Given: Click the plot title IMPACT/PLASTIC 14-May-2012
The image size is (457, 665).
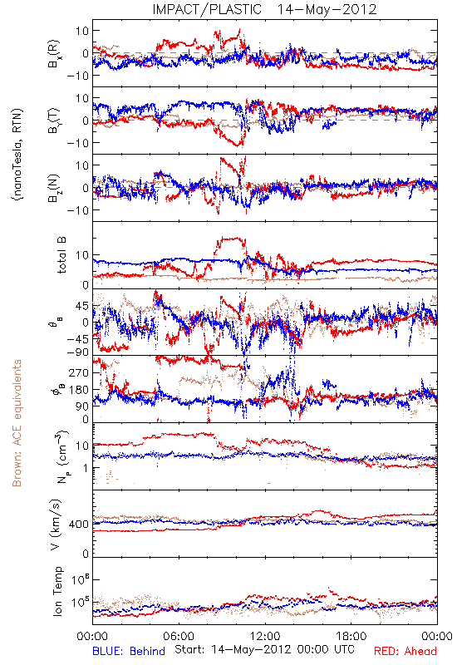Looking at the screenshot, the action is coord(264,9).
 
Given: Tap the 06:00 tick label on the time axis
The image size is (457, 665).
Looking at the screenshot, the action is coord(179,636).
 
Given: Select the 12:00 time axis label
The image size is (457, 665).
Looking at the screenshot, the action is coord(265,636).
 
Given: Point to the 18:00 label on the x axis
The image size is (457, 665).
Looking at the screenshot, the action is coord(351,636).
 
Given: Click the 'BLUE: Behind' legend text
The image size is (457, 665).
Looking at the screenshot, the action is coord(129,651).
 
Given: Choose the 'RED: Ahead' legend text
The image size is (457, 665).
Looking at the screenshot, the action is coord(405,651).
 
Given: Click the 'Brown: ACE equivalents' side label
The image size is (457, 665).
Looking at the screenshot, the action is coord(17,423).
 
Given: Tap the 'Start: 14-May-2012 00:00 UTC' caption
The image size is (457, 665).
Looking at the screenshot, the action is coord(264,649).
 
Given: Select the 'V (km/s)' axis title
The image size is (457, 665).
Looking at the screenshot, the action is coord(56,525).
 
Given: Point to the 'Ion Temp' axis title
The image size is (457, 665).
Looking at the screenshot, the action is coord(57,591).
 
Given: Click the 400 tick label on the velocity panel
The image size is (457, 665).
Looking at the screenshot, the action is coord(79,525).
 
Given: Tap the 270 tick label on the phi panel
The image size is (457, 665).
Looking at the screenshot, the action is coord(79,372).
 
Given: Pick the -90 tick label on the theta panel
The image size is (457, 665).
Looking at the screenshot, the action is coord(78,352).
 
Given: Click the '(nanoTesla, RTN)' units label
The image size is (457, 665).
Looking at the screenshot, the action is coord(17,154).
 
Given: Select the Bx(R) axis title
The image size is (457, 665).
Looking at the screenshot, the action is coord(54,54).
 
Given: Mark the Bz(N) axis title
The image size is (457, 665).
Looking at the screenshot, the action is coord(54,188).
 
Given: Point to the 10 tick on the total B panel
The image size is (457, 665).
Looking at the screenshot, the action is coord(82,255).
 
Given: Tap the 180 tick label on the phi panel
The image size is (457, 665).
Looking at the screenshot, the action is coord(79,389).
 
